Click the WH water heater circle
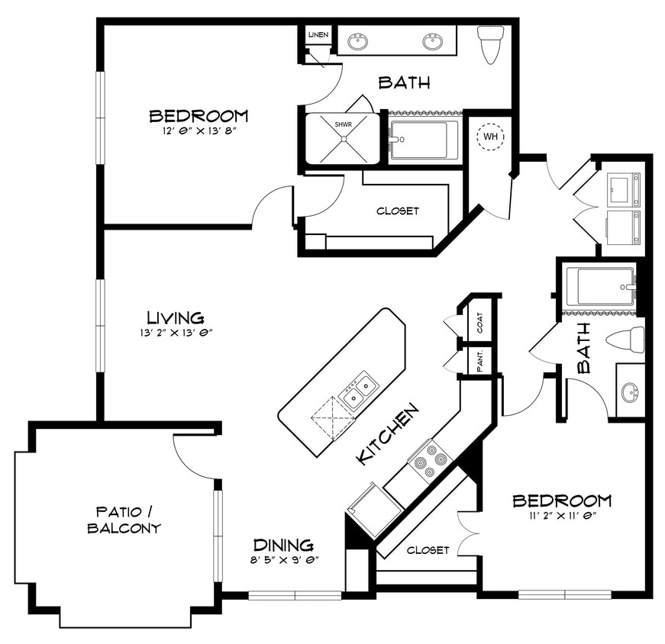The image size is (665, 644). pyautogui.click(x=489, y=137)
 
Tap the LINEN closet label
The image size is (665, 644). pyautogui.click(x=318, y=36)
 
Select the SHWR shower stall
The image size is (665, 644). pyautogui.click(x=342, y=138)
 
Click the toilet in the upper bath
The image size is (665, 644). pyautogui.click(x=490, y=43)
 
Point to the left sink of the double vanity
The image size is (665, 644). pyautogui.click(x=358, y=41)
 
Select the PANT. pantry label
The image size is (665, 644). pyautogui.click(x=480, y=361)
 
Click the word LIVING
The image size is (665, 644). pyautogui.click(x=176, y=317)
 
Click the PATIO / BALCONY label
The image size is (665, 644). pyautogui.click(x=128, y=519)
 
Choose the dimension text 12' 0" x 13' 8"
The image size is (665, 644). pyautogui.click(x=198, y=130)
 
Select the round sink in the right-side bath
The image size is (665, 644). pyautogui.click(x=630, y=393)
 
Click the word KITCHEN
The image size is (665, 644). pyautogui.click(x=389, y=433)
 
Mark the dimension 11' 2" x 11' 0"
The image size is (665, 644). pyautogui.click(x=561, y=515)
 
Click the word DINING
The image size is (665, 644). pyautogui.click(x=283, y=545)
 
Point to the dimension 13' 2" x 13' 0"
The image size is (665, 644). pyautogui.click(x=176, y=332)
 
